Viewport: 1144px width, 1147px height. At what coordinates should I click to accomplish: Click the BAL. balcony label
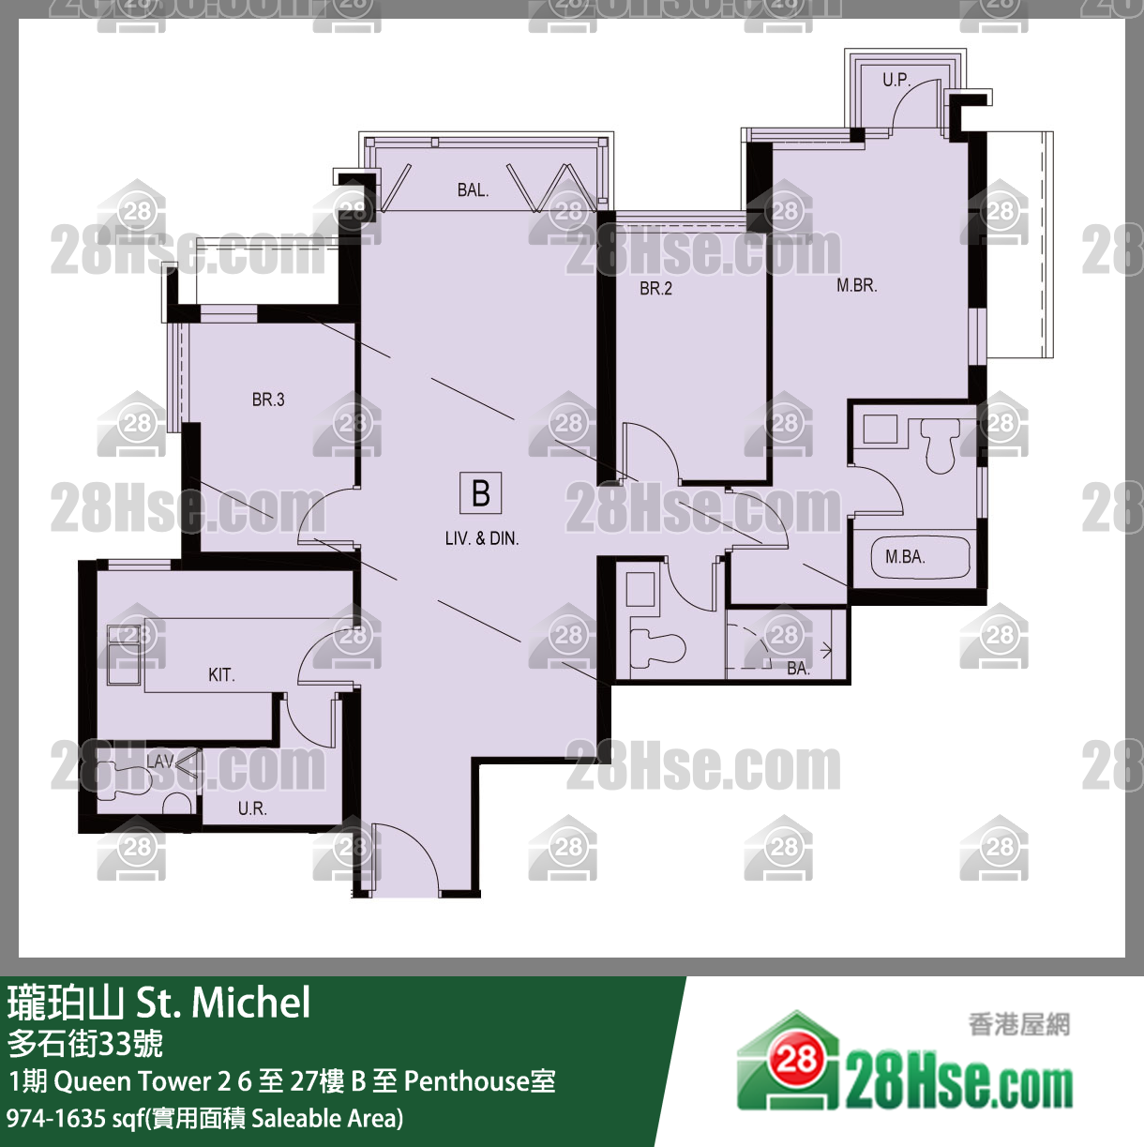click(x=473, y=189)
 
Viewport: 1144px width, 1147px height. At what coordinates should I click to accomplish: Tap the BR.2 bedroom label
click(x=655, y=289)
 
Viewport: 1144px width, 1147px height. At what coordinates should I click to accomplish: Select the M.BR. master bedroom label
click(x=856, y=286)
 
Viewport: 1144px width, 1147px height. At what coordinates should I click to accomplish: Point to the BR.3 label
click(x=268, y=400)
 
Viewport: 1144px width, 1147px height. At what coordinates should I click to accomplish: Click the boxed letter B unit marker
click(x=480, y=493)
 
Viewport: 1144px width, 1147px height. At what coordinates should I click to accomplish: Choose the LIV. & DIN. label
click(x=482, y=538)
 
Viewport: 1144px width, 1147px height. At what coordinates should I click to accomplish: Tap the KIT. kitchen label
click(x=221, y=675)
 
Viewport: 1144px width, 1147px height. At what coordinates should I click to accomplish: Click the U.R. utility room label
click(x=252, y=808)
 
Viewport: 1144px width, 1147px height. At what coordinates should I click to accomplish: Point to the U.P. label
click(x=896, y=80)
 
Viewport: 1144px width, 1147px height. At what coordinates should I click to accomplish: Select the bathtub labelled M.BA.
click(x=920, y=557)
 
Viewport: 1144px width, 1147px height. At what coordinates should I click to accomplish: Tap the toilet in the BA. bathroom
click(x=656, y=649)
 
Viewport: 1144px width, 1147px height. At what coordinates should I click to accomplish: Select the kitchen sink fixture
click(x=125, y=655)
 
